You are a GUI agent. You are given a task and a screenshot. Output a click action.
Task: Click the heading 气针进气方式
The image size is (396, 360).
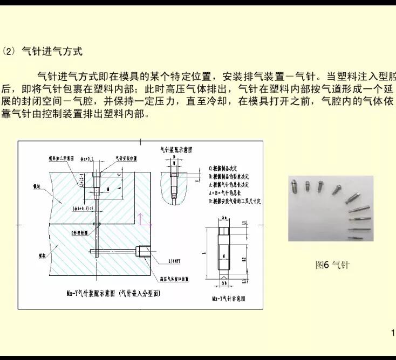pyautogui.click(x=52, y=52)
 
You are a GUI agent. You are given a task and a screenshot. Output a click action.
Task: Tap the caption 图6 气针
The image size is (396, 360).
pyautogui.click(x=332, y=265)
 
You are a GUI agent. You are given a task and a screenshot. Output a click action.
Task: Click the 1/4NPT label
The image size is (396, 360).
pyautogui.click(x=174, y=260)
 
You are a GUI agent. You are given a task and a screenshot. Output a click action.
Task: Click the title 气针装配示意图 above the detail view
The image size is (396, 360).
pyautogui.click(x=176, y=148)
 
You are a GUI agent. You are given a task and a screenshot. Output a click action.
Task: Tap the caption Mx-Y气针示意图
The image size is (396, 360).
pyautogui.click(x=228, y=297)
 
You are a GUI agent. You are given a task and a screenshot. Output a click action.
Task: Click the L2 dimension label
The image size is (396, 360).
pyautogui.click(x=244, y=259)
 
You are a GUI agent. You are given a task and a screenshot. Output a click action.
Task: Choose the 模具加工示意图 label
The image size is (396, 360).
pyautogui.click(x=62, y=158)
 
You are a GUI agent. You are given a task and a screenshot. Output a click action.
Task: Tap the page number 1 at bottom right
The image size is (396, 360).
pyautogui.click(x=392, y=332)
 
